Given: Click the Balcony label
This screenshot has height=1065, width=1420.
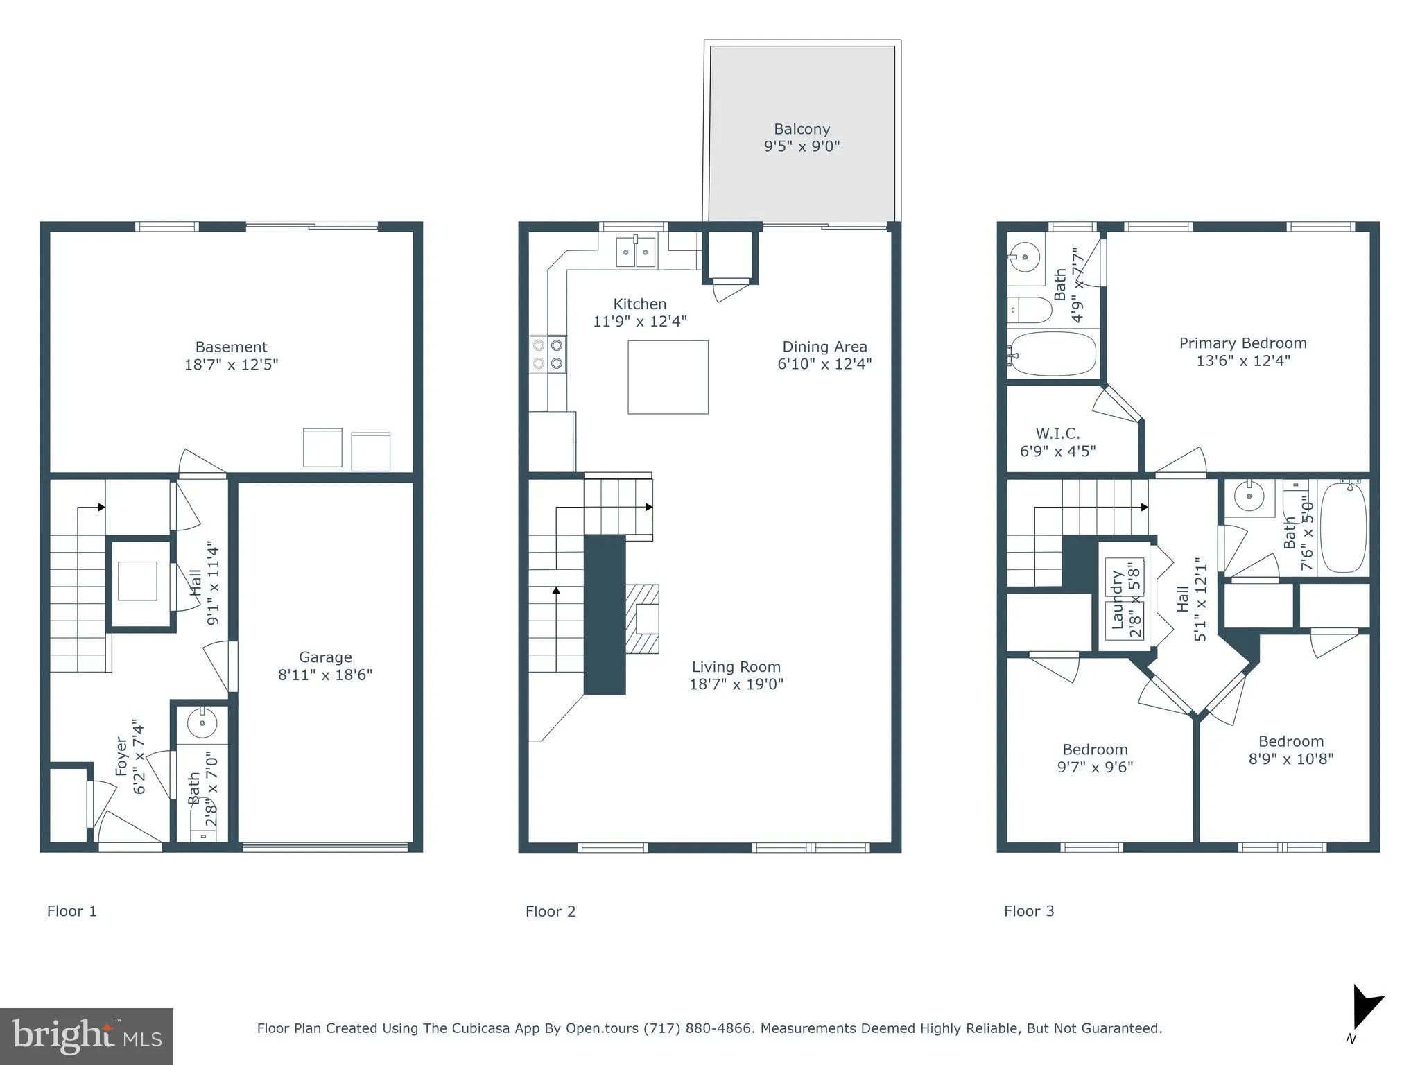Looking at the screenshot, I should tap(802, 130).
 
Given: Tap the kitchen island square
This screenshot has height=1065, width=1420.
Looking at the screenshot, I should tap(668, 377).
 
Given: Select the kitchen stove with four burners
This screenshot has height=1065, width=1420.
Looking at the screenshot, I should tap(548, 354).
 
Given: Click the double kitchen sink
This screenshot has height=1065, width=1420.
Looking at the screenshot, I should tap(636, 251).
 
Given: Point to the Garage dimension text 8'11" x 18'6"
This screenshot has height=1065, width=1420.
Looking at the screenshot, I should tap(325, 675).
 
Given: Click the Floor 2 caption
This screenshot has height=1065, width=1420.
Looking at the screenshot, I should tap(551, 911).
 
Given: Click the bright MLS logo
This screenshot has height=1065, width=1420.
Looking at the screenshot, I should tap(86, 1036).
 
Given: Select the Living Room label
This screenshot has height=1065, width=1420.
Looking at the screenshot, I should tap(736, 667).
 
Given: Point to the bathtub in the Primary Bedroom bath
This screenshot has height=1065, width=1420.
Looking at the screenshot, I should tap(1053, 354).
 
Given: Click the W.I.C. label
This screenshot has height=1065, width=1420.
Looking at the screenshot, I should tap(1057, 434).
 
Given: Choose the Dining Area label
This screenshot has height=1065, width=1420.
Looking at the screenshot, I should tap(824, 347).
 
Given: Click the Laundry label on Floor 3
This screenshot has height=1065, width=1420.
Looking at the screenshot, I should tap(1117, 599).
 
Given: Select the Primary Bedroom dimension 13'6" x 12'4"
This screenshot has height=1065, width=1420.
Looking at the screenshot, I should tap(1242, 361).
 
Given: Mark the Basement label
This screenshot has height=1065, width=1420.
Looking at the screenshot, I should tap(231, 347).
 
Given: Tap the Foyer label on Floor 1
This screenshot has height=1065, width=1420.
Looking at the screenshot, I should tap(122, 756).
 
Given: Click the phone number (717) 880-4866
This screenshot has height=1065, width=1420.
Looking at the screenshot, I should tap(698, 1028).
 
